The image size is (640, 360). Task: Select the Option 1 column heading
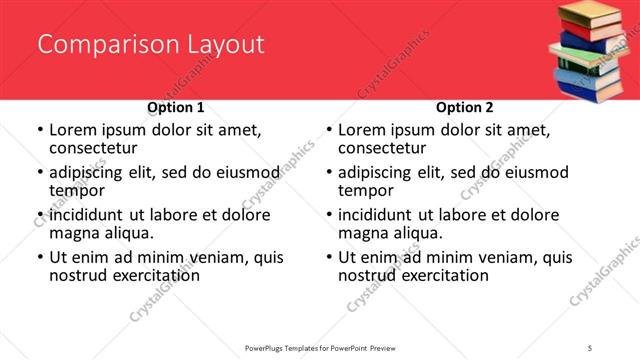click(x=175, y=107)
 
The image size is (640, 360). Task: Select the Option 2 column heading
click(x=464, y=107)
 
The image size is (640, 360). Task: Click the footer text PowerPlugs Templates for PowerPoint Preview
click(x=320, y=348)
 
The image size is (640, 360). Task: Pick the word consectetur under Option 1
click(x=95, y=148)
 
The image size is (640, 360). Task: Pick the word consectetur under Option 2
click(x=384, y=148)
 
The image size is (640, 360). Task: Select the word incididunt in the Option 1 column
click(x=89, y=215)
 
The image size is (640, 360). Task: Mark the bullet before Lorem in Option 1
click(x=40, y=130)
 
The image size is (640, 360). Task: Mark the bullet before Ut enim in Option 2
click(x=329, y=257)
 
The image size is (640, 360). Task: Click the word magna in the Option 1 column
click(x=76, y=233)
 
